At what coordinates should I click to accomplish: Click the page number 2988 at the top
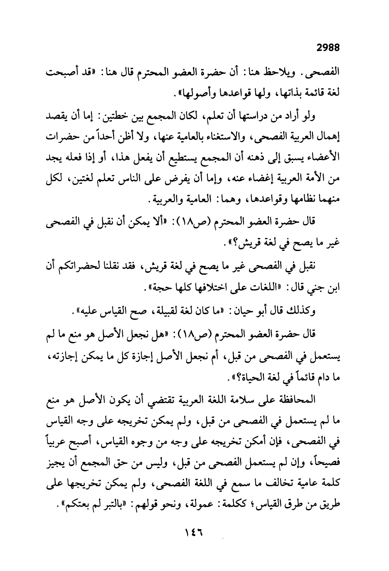328,48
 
